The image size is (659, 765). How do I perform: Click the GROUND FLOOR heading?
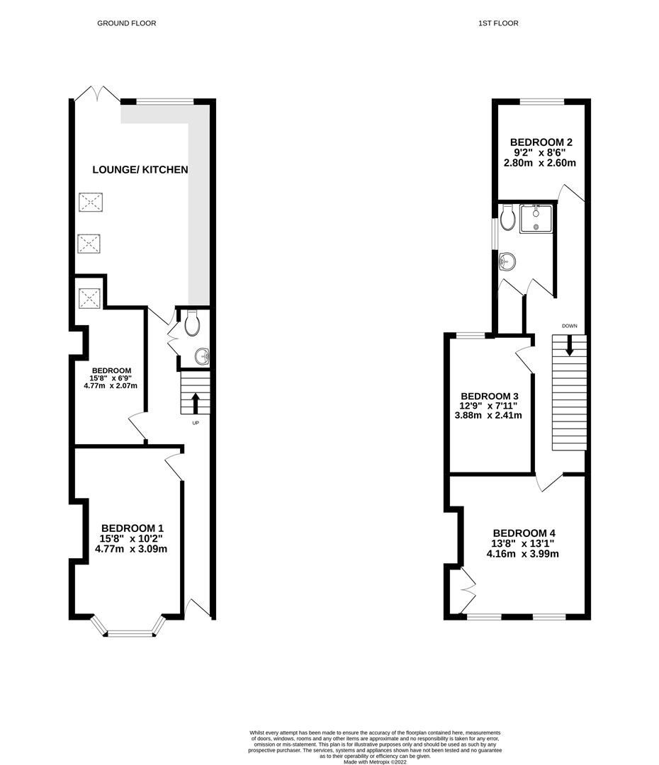pos(126,23)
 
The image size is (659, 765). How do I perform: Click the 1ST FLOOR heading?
pos(497,23)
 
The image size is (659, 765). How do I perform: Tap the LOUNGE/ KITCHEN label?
pos(140,169)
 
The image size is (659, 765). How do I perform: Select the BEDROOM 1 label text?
pos(133,528)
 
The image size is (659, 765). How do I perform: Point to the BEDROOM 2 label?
pos(543,142)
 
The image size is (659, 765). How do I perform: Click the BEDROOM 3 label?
pos(490,395)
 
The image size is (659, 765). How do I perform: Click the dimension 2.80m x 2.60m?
pos(539,163)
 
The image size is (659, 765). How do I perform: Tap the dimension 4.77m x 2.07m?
pos(111,386)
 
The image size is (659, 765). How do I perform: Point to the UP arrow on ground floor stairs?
pos(196,402)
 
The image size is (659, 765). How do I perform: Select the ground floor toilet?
pos(192,325)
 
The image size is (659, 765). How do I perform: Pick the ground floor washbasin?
pos(201,356)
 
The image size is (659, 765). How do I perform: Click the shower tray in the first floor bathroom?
pos(537,218)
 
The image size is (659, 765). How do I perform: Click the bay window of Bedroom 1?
pos(128,629)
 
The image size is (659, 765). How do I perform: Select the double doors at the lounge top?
pos(98,94)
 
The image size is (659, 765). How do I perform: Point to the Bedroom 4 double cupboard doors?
pos(468,589)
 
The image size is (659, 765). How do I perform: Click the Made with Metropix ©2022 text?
pos(376,762)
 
